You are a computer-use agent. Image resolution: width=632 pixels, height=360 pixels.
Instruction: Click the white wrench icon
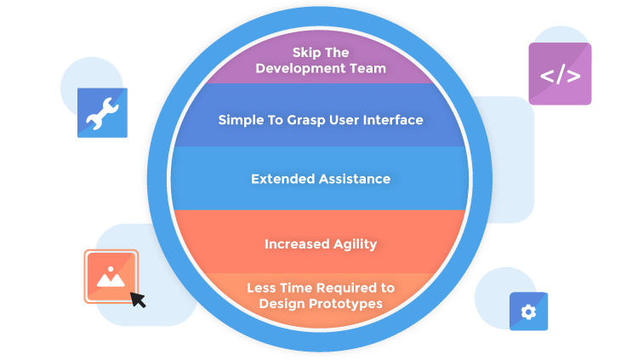click(x=102, y=114)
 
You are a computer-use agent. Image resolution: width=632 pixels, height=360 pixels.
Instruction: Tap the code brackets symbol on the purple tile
click(x=560, y=76)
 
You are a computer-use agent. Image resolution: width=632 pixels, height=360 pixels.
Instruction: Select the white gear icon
click(x=528, y=311)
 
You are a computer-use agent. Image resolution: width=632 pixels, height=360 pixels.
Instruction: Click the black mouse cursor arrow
click(x=139, y=300)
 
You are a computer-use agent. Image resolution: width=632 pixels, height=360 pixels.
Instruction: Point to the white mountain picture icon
click(x=111, y=277)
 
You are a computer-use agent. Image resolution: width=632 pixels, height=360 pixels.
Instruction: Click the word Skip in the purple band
click(x=305, y=53)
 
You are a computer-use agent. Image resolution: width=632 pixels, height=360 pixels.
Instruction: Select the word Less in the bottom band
click(x=260, y=288)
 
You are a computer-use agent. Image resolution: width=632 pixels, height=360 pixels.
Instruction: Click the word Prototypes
click(x=346, y=304)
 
